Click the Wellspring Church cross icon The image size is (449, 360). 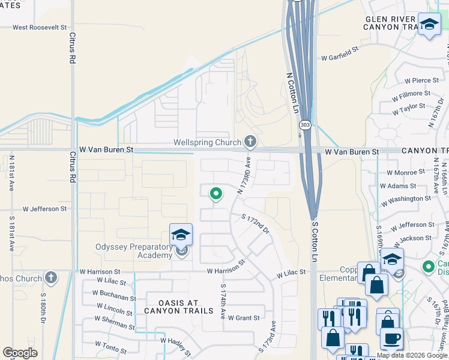[250, 142]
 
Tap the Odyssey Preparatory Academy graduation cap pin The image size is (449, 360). [181, 235]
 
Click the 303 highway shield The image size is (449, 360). [305, 125]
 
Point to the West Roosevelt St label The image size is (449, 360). [40, 27]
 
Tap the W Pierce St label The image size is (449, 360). [422, 80]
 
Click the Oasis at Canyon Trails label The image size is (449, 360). [179, 306]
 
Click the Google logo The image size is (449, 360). [20, 353]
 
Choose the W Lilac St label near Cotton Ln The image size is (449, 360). [291, 273]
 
